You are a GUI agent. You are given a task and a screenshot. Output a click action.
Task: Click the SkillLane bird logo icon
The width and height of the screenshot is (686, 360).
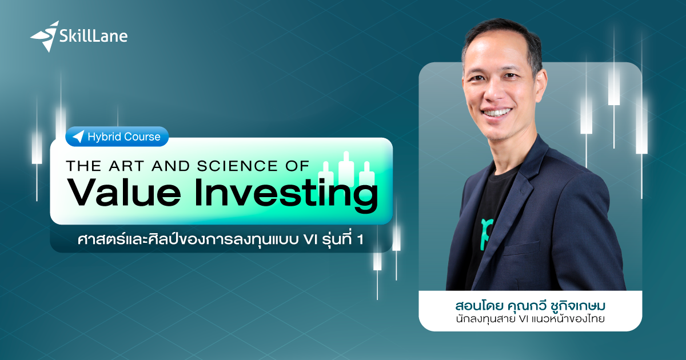click(45, 35)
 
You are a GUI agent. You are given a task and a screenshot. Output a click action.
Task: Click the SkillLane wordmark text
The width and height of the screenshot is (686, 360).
click(93, 37)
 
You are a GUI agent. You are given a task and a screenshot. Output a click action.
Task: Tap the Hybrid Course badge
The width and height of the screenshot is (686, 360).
click(117, 137)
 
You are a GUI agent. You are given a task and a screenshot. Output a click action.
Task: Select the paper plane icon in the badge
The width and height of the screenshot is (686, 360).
click(78, 137)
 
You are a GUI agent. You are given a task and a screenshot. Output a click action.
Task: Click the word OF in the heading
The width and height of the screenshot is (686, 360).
click(297, 165)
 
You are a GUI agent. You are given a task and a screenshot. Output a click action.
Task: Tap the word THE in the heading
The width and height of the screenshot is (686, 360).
click(83, 165)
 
